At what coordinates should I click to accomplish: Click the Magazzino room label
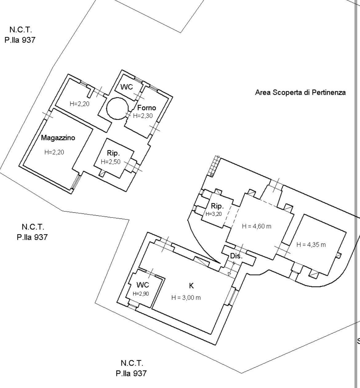point(58,138)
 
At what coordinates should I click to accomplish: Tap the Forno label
point(146,108)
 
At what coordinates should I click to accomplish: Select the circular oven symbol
point(118,108)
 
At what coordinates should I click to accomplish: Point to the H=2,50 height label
point(111,162)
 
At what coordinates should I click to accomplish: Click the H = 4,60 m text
point(257,226)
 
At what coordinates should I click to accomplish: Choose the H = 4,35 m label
point(311,245)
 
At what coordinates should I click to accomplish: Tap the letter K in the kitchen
point(191,286)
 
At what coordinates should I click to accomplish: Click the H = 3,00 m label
point(186,298)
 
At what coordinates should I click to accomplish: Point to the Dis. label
point(236,256)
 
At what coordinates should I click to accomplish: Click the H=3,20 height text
point(214,214)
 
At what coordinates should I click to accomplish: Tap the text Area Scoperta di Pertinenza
point(300,92)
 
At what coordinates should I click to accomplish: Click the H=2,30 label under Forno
point(143,116)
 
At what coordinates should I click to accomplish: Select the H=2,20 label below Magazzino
point(54,152)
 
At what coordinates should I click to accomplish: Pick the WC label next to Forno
point(127,87)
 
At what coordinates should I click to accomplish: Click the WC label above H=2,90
point(143,285)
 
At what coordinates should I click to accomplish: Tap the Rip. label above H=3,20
point(217,206)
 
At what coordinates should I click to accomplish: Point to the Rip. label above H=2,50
point(113,153)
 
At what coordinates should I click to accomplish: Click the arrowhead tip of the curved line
point(220,262)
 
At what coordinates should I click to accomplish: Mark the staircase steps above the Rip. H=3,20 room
point(214,166)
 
